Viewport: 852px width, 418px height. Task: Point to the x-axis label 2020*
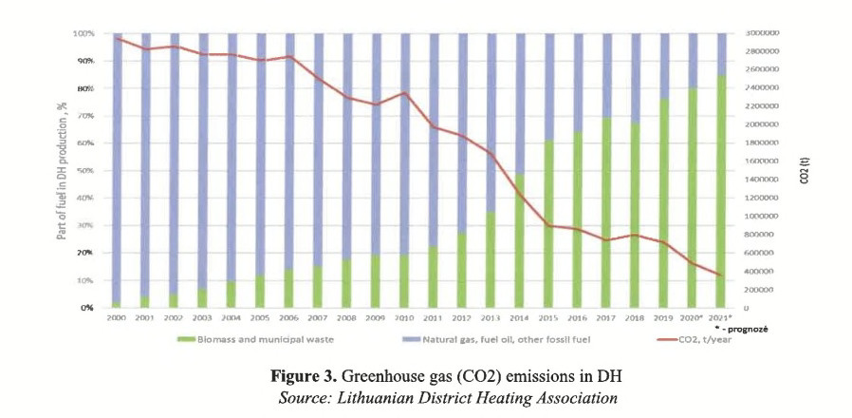point(694,317)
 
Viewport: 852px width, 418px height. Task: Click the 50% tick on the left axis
point(85,171)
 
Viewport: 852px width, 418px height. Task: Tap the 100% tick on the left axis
point(83,33)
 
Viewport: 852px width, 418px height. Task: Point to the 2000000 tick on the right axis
point(762,124)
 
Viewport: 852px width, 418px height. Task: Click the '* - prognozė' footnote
point(738,327)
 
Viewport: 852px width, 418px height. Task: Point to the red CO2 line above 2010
point(405,93)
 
